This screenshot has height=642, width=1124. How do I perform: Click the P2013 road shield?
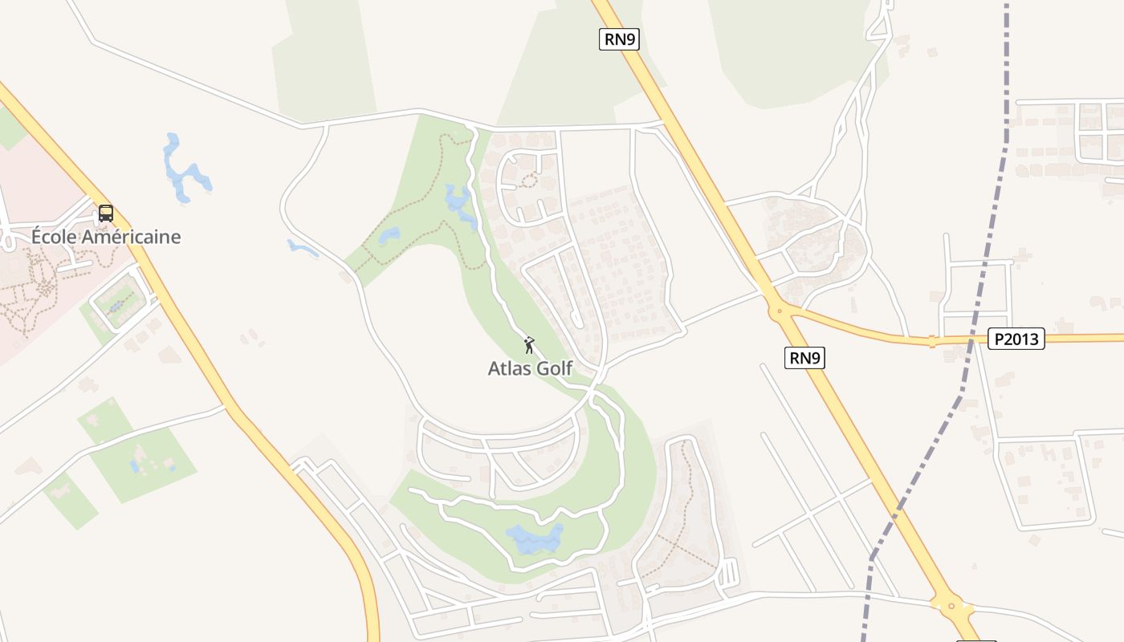click(x=1016, y=339)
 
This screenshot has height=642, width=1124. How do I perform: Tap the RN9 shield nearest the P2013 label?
click(x=804, y=358)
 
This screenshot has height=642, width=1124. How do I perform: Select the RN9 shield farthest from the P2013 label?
click(x=619, y=39)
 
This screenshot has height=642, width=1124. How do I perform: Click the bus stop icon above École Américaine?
click(x=105, y=213)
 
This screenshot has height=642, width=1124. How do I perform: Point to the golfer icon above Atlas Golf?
click(x=529, y=346)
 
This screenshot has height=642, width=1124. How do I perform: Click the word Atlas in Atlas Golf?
click(x=509, y=368)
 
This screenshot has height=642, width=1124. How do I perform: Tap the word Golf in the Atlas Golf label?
click(x=555, y=368)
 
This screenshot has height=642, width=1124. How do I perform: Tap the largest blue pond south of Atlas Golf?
click(x=533, y=538)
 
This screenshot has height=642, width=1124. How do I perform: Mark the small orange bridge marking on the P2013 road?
click(x=932, y=342)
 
